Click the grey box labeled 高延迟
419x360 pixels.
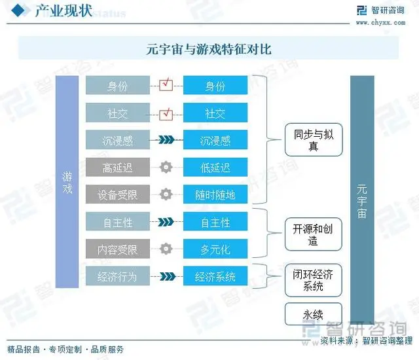point(118,167)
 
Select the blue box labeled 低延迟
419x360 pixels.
point(215,167)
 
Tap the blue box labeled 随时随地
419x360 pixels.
point(215,194)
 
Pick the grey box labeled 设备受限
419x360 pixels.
point(118,194)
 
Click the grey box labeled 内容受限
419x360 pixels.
point(118,249)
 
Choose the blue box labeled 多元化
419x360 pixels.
point(215,249)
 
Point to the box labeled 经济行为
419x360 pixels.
point(118,276)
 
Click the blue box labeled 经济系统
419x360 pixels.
point(215,276)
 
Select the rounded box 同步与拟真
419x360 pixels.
point(314,139)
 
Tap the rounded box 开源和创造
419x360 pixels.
point(314,234)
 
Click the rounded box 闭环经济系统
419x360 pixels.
point(314,280)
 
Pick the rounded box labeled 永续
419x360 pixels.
point(314,314)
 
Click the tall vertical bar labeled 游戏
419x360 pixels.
point(67,182)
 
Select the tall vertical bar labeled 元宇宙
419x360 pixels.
point(362,200)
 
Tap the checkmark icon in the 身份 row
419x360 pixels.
point(166,84)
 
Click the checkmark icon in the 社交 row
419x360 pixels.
point(166,114)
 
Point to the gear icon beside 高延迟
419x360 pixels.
point(166,167)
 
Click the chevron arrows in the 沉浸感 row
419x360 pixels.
point(166,139)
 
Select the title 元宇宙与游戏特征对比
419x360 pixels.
point(209,49)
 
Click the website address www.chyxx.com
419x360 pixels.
point(380,23)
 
